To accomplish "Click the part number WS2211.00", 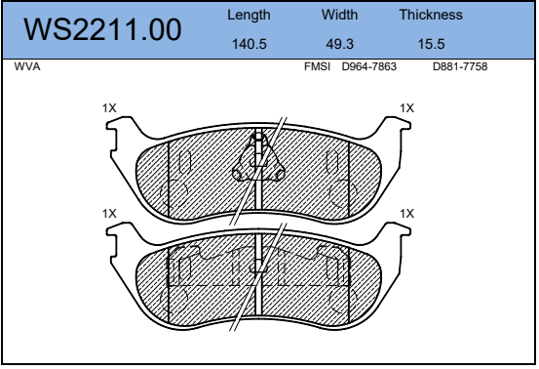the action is point(102,30).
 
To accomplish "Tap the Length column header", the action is point(249,16).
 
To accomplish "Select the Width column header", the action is point(339,15).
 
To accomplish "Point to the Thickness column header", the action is point(431,15).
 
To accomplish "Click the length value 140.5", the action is point(250,44).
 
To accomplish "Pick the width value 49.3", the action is point(339,44).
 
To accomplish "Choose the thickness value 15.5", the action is point(431,44).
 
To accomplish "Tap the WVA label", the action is point(27,66).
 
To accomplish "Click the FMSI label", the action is point(317,66).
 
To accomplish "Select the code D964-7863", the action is point(368,66).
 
